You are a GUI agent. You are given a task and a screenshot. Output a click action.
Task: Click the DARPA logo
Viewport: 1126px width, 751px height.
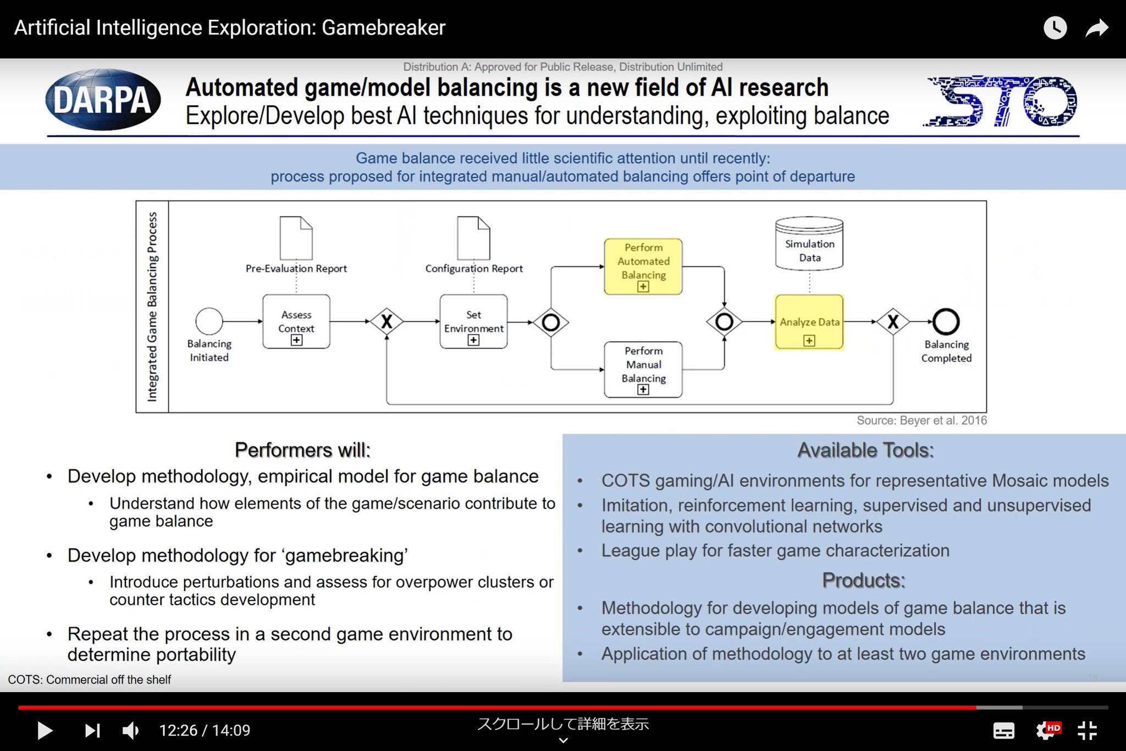click(103, 100)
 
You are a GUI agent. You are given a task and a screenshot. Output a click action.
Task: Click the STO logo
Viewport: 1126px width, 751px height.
click(1001, 101)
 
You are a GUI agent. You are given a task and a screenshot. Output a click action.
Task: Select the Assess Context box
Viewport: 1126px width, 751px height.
click(296, 322)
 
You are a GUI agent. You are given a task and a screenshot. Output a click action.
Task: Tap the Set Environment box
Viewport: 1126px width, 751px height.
click(473, 322)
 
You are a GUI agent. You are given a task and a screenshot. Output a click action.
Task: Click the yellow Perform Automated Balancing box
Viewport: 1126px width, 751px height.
click(643, 266)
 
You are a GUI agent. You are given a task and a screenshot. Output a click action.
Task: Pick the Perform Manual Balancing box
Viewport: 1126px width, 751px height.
click(643, 369)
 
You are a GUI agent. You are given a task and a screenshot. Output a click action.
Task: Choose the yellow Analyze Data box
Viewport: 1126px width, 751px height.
click(809, 322)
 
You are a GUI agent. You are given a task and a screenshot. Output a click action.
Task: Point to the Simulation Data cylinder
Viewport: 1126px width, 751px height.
click(809, 244)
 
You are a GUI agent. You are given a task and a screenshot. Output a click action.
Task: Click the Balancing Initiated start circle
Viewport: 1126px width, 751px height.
click(209, 321)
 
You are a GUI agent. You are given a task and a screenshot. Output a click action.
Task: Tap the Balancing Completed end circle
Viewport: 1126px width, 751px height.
click(946, 322)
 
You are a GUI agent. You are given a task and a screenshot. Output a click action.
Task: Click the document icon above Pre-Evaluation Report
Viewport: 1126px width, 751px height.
click(296, 238)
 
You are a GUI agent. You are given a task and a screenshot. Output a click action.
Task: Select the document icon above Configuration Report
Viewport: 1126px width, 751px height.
click(473, 238)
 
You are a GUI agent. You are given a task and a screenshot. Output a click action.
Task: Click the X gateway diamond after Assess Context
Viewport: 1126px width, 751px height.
click(387, 322)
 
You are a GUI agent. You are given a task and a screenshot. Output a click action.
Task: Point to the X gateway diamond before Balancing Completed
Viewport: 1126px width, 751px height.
click(893, 322)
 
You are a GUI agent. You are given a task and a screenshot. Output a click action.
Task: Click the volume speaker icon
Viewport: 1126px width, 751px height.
click(130, 731)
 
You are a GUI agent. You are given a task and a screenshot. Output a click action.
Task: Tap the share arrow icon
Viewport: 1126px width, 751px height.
click(1096, 28)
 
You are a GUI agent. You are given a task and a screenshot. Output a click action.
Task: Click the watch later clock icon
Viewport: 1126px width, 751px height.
click(1055, 28)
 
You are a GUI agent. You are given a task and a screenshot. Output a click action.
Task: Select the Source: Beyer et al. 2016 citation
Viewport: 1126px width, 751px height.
click(921, 421)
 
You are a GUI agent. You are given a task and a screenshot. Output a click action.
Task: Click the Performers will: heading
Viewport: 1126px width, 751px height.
click(302, 450)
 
